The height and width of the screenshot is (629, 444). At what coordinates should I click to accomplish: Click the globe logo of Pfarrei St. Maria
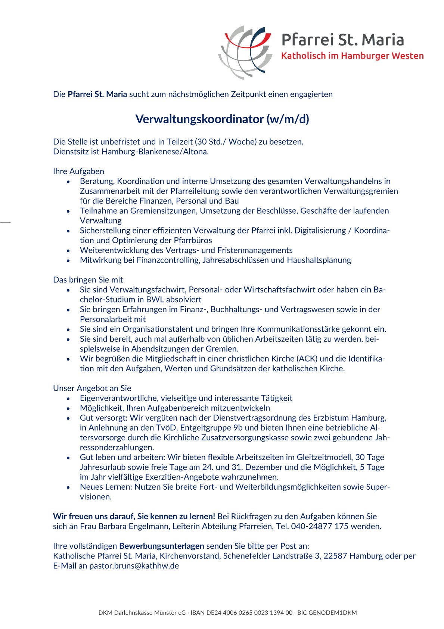245,52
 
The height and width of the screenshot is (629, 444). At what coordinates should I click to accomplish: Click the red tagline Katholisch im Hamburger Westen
352,56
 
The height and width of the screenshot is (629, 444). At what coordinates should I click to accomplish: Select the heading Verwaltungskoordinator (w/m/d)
222,119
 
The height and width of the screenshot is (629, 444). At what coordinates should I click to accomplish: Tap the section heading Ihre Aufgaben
78,171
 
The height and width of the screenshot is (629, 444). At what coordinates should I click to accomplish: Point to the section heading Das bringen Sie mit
88,280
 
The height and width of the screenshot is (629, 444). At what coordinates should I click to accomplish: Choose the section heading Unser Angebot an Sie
92,388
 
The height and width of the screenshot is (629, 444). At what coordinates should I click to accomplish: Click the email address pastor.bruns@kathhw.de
134,566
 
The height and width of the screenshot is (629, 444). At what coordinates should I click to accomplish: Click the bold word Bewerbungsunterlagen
162,546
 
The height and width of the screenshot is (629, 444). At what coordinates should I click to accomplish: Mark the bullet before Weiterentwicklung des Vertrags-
68,251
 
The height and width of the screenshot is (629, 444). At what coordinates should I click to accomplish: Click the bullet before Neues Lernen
68,487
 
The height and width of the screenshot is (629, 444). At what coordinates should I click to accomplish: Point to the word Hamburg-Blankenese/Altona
155,152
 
